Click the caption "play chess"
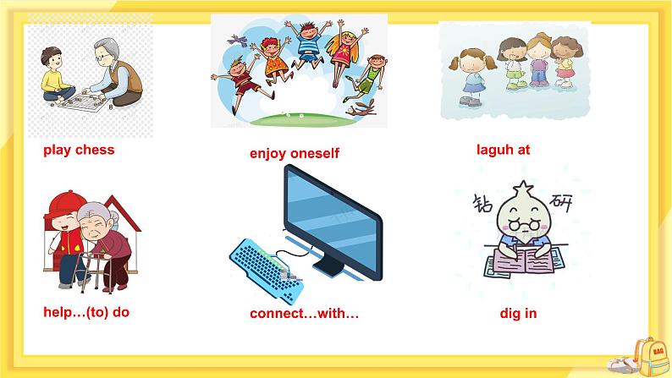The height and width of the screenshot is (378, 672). pos(79,151)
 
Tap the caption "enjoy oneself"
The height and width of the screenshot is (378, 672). pos(294,154)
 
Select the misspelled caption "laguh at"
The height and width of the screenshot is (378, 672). pos(503,150)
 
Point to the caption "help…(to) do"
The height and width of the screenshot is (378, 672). pos(86,312)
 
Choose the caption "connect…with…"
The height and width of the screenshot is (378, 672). pos(305,314)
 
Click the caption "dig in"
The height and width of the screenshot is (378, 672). pos(518,314)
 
